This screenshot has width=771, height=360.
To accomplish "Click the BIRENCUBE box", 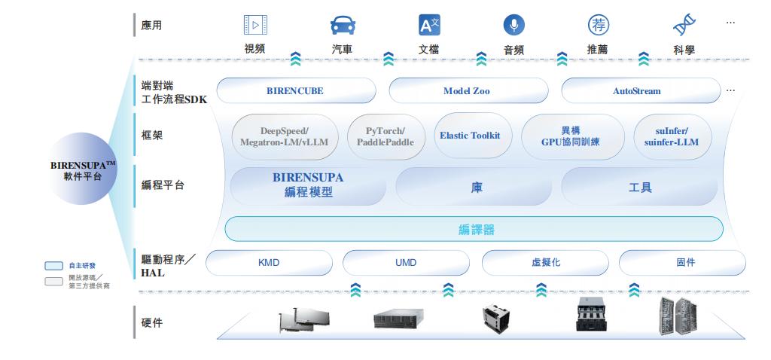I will click(x=295, y=91).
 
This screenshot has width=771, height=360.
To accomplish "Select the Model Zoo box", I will click(x=466, y=91).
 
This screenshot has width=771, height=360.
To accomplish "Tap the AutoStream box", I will click(x=636, y=91).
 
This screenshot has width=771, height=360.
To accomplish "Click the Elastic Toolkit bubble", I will click(x=470, y=136).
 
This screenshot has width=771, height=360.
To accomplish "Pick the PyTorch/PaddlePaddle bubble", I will click(x=385, y=136).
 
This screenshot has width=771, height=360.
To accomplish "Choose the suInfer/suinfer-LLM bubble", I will click(x=672, y=136).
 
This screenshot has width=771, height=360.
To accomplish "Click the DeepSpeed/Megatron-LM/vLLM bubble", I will click(x=285, y=136).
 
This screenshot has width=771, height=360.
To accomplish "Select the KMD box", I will click(x=269, y=263).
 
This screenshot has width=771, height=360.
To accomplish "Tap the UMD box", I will click(x=406, y=263).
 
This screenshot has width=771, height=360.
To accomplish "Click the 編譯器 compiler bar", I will click(x=474, y=229).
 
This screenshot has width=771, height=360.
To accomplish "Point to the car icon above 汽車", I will click(x=343, y=26).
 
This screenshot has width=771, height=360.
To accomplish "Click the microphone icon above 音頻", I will click(x=513, y=26).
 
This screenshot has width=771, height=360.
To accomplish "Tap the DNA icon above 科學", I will click(x=684, y=26).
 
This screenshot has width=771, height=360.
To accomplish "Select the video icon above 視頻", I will click(x=255, y=26).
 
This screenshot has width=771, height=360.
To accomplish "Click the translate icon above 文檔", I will click(x=428, y=26).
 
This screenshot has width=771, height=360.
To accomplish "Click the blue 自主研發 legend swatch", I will click(x=54, y=266).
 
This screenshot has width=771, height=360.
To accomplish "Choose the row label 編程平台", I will click(x=162, y=185).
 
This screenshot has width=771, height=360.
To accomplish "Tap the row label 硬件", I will click(x=152, y=323).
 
